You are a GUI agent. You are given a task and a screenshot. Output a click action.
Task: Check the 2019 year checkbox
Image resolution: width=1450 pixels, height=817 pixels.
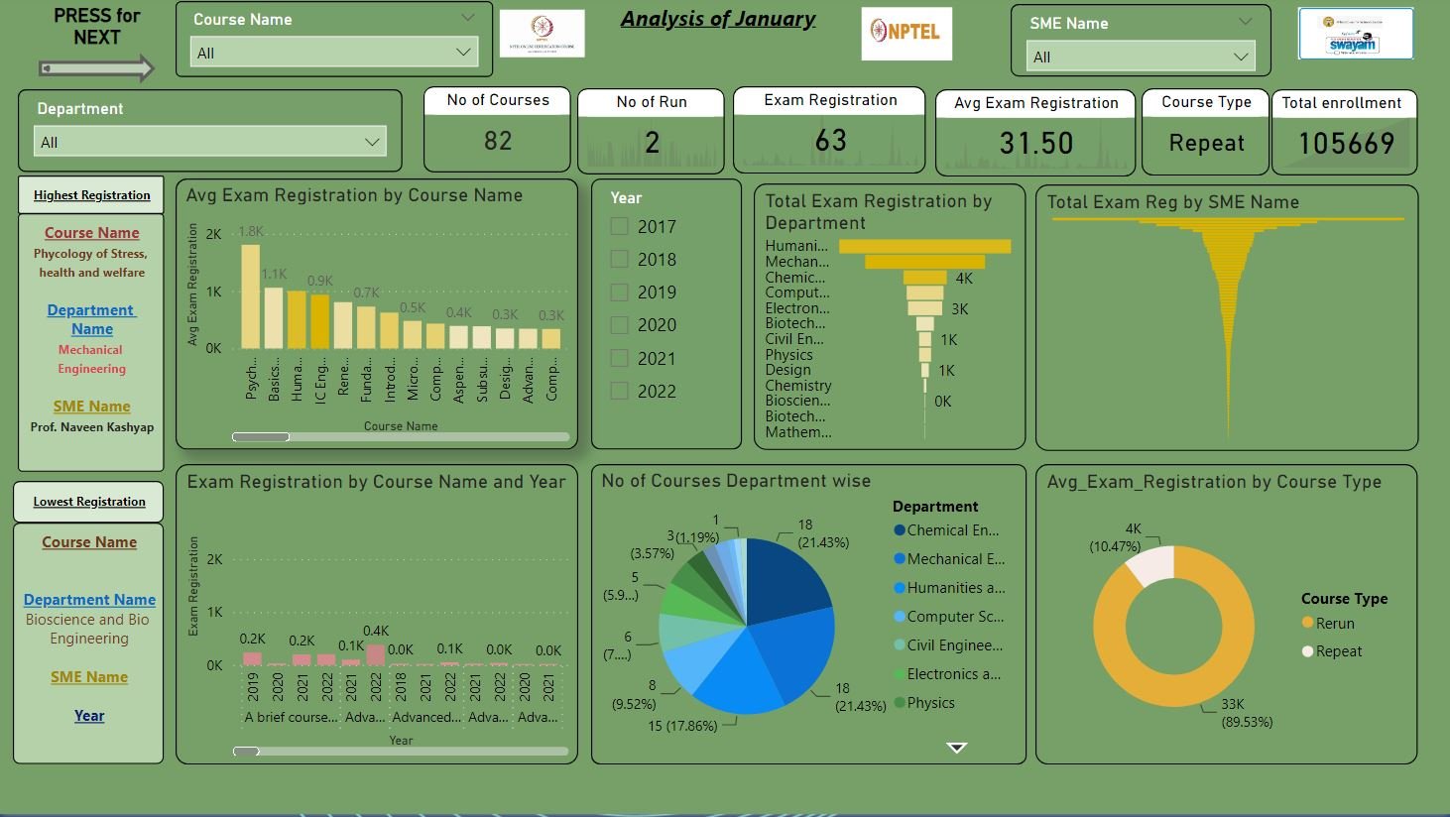coord(620,292)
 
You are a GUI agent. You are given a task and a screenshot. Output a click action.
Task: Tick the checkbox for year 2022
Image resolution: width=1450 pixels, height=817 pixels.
coord(620,391)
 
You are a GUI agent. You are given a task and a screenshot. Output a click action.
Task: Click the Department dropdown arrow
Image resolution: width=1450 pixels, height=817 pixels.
coord(372,142)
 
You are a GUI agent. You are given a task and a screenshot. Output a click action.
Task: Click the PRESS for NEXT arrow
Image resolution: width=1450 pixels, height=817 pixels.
coord(97,68)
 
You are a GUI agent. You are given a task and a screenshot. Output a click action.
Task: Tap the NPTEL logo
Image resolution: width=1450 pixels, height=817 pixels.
coord(906,33)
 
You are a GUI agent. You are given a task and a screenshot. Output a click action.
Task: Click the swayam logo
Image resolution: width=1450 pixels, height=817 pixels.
coord(1355,34)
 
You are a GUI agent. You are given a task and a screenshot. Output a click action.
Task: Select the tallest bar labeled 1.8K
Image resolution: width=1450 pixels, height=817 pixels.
coord(250,296)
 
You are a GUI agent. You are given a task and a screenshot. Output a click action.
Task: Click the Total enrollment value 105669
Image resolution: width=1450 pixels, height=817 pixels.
coord(1346,144)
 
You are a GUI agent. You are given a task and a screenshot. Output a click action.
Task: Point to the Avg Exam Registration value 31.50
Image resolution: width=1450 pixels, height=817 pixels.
coord(1035,144)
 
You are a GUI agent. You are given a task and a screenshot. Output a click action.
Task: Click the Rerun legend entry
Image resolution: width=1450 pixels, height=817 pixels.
coord(1334,624)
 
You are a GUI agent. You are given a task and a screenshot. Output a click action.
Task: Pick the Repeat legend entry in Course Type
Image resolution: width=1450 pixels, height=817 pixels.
coord(1338,651)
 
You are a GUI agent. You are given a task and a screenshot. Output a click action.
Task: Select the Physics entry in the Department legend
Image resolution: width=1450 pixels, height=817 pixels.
coord(929,703)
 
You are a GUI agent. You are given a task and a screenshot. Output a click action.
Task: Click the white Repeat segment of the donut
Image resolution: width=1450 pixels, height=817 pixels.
coord(1150,565)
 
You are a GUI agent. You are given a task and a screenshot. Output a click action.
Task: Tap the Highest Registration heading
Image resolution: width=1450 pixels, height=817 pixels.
coord(91,195)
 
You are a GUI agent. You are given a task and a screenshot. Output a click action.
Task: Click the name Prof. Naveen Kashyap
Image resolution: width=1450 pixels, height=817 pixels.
coord(91,427)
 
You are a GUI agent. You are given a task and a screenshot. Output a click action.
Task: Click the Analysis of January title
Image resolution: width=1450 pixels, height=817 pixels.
coord(717,19)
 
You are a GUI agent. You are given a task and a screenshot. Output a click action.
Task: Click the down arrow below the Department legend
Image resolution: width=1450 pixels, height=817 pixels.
coord(956,748)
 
